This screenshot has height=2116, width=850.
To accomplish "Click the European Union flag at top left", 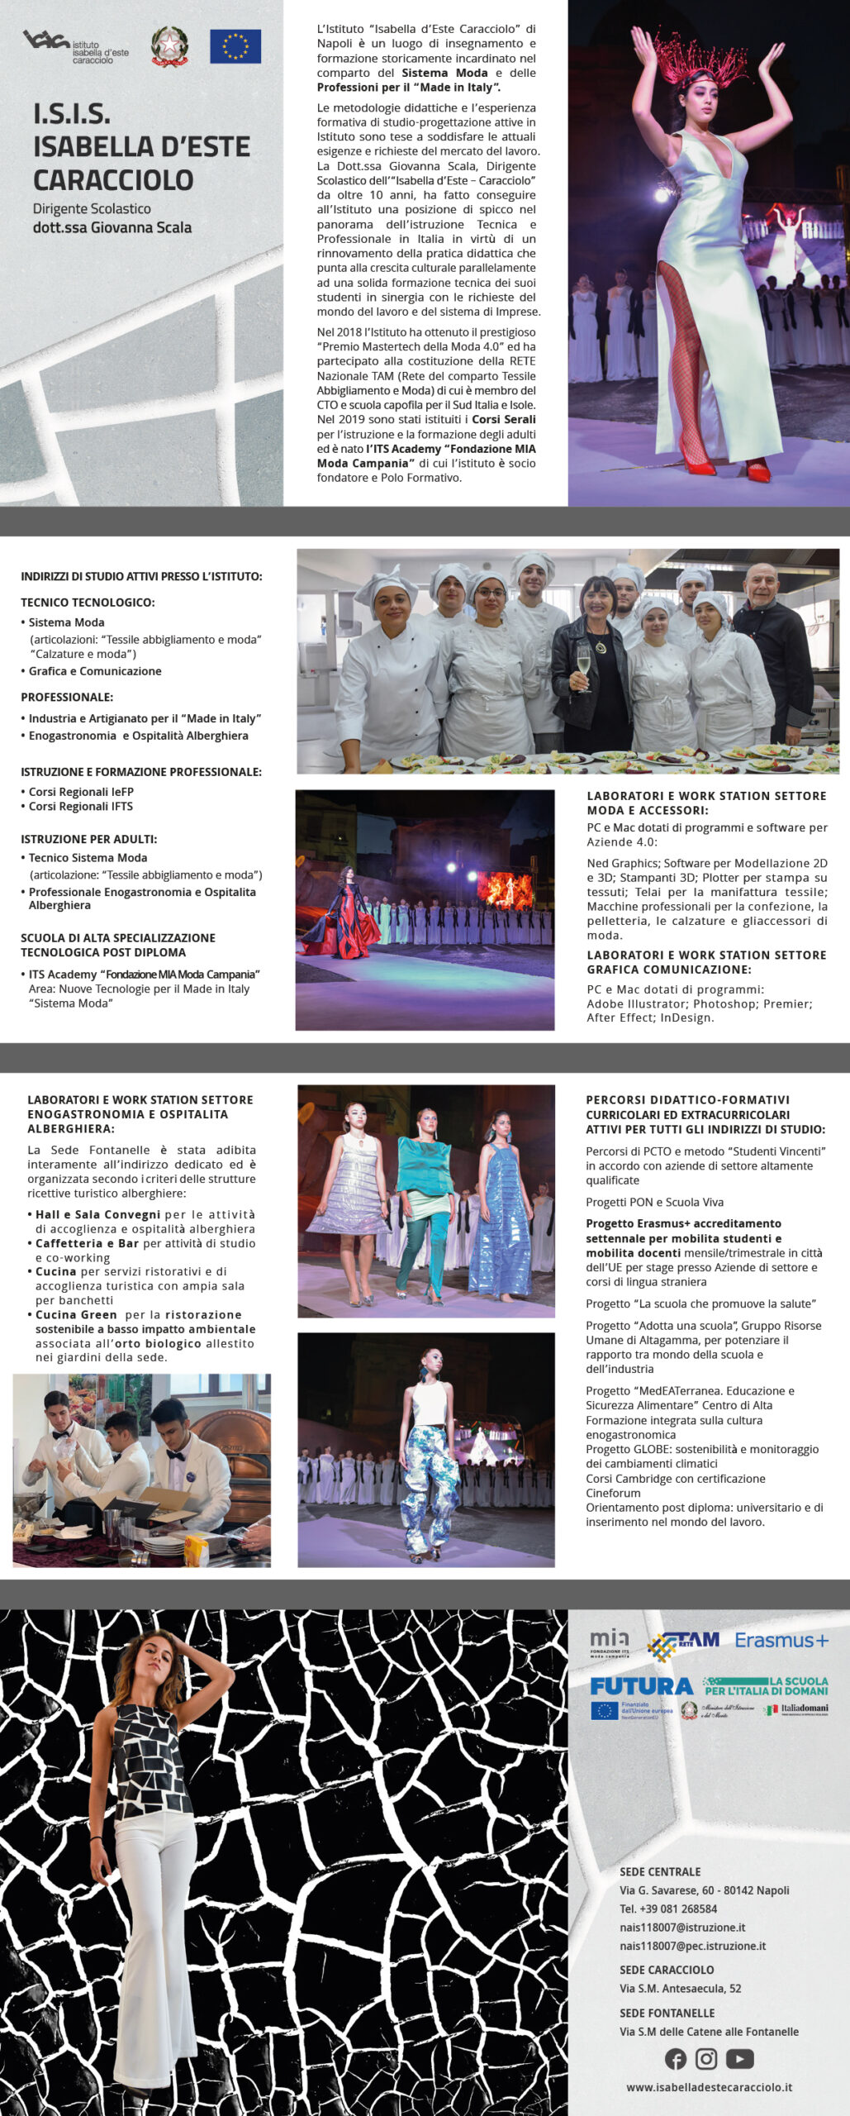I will click(x=235, y=46).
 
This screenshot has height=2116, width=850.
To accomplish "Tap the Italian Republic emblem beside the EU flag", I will click(x=169, y=46).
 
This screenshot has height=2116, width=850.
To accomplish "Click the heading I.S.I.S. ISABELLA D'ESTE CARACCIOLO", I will click(x=141, y=147).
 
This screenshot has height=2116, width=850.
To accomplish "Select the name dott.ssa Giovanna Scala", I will click(x=112, y=227).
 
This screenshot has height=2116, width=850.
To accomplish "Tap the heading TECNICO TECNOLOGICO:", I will click(x=88, y=603).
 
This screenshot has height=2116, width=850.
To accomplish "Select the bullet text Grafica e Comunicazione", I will click(x=95, y=671).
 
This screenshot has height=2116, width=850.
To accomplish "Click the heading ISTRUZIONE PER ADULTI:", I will click(x=88, y=839).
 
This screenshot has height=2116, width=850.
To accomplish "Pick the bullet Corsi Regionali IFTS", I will click(x=81, y=806).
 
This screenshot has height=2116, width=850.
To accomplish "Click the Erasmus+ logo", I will click(x=781, y=1640).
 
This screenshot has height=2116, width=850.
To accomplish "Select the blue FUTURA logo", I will click(x=642, y=1686).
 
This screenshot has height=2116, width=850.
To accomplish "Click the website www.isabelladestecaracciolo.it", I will click(x=709, y=2087).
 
